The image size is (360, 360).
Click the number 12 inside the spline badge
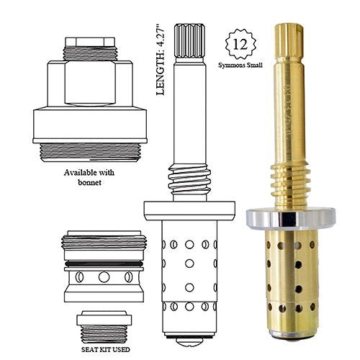point(240,45)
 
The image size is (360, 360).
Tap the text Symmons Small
point(240,65)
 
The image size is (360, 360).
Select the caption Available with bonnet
point(89,177)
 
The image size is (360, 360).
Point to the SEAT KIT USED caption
point(106,349)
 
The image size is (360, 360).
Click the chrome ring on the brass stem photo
point(291,218)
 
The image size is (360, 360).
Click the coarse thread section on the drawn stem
point(189,179)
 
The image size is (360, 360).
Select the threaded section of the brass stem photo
point(290,185)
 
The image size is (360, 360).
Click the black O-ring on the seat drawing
point(104,264)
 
